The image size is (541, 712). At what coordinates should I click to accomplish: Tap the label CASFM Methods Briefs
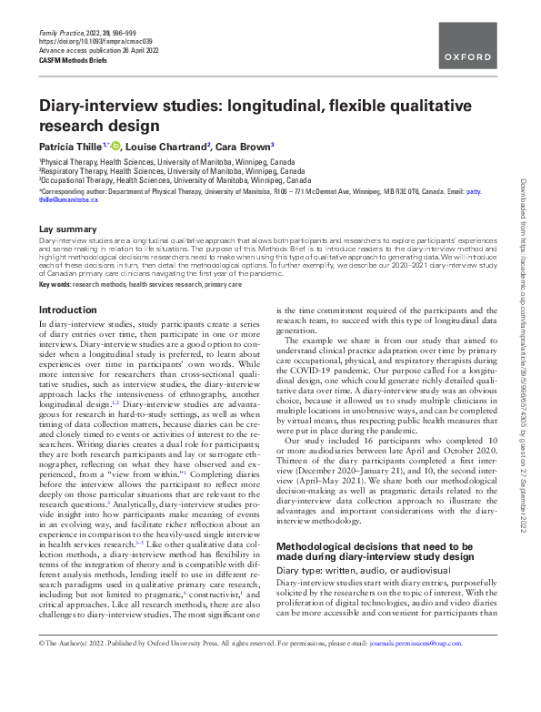[69, 59]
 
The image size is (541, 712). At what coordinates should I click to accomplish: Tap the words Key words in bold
[55, 285]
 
